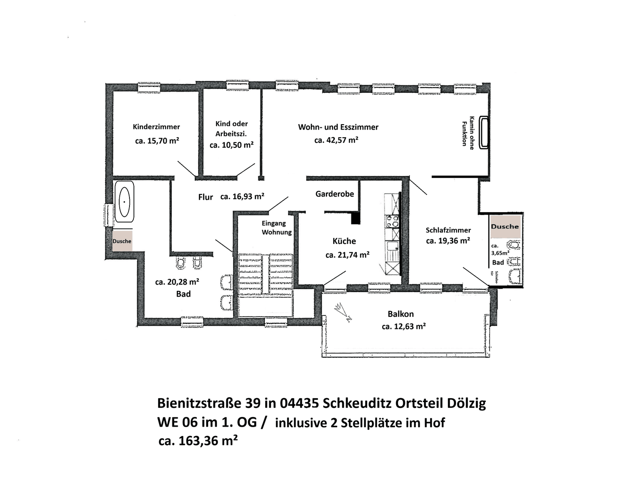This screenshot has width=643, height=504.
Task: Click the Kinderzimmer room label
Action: coord(156,126)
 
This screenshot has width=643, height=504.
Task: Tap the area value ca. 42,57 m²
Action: coord(336,140)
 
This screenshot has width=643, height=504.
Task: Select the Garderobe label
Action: coord(334,194)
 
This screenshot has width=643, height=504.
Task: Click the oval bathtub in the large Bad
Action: coord(124,202)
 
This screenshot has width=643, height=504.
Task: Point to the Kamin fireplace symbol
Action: coord(484,132)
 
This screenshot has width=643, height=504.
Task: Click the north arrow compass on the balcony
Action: coord(342,312)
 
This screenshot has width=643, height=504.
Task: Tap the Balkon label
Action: coord(401,314)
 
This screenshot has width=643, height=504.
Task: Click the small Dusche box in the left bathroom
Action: coord(122,241)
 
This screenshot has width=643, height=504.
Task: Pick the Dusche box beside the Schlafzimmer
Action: coord(505,227)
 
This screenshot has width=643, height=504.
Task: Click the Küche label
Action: coord(344,241)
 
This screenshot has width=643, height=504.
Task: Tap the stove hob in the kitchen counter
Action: coord(392,221)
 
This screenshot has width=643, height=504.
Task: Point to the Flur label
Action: coord(206,197)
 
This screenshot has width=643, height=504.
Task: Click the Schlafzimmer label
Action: coord(448,230)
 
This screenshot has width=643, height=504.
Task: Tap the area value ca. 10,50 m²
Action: coord(231,145)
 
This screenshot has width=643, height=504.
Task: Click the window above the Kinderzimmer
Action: coord(149,88)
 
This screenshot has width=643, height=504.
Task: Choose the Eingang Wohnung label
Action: coord(277,227)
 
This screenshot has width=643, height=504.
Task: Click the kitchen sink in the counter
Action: coord(392,246)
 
